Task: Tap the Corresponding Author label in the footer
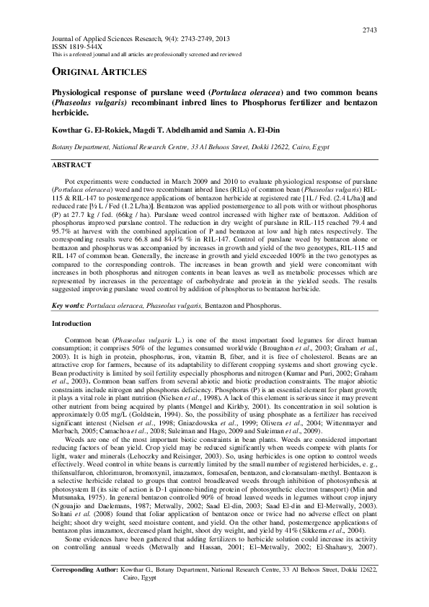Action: pyautogui.click(x=86, y=589)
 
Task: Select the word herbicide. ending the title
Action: pyautogui.click(x=71, y=113)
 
